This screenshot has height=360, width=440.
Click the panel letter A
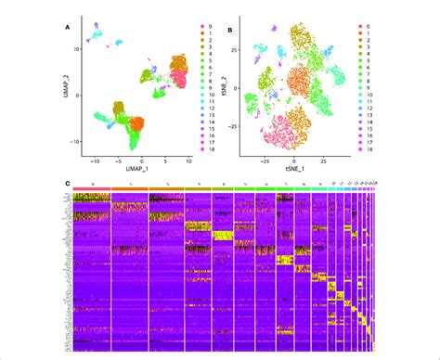pyautogui.click(x=68, y=28)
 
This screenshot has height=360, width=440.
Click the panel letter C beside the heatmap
pyautogui.click(x=68, y=184)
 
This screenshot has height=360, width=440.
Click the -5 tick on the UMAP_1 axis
pyautogui.click(x=117, y=162)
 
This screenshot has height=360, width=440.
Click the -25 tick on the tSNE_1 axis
pyautogui.click(x=265, y=162)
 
